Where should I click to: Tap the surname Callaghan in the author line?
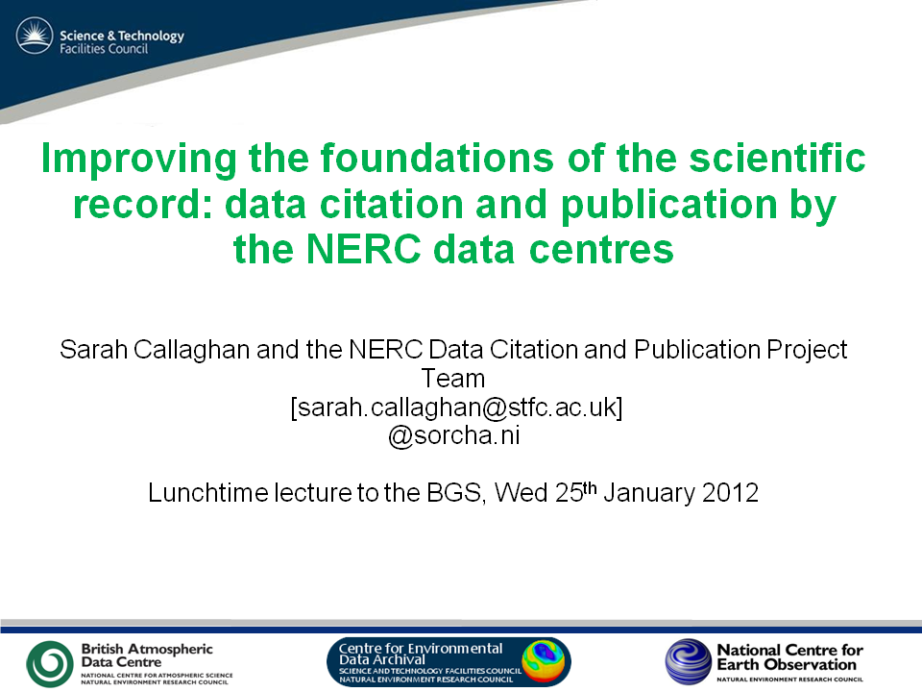198,349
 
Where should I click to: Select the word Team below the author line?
453,378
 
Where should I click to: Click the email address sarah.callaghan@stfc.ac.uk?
456,407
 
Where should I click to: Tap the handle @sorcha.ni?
453,435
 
